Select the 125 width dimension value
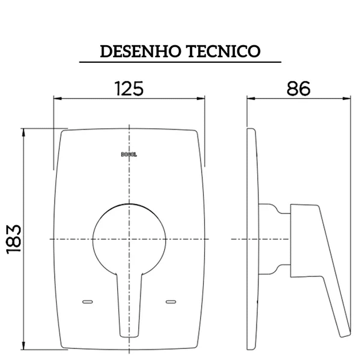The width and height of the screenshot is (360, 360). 129,88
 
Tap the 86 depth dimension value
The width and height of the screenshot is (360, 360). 299,88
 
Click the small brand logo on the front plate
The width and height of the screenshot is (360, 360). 129,153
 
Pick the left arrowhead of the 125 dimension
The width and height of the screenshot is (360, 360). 57,98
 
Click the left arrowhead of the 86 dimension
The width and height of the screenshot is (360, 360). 250,98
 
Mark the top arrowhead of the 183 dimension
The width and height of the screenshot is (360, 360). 23,132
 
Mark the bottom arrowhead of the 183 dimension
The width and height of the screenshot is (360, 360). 23,346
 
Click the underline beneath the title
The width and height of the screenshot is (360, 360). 180,62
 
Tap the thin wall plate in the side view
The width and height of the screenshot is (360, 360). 253,237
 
